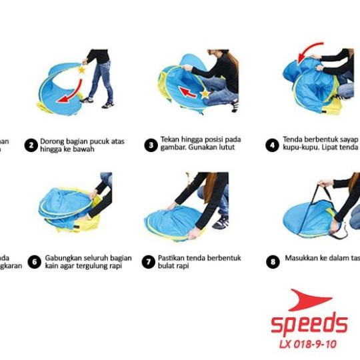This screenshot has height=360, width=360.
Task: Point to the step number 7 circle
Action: [x=149, y=262]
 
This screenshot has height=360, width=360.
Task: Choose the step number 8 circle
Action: [x=272, y=262]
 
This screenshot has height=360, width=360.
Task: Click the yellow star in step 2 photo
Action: [x=82, y=69]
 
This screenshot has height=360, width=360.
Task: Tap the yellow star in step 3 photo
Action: [x=205, y=94]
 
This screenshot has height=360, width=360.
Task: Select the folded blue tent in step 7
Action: [x=173, y=221]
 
